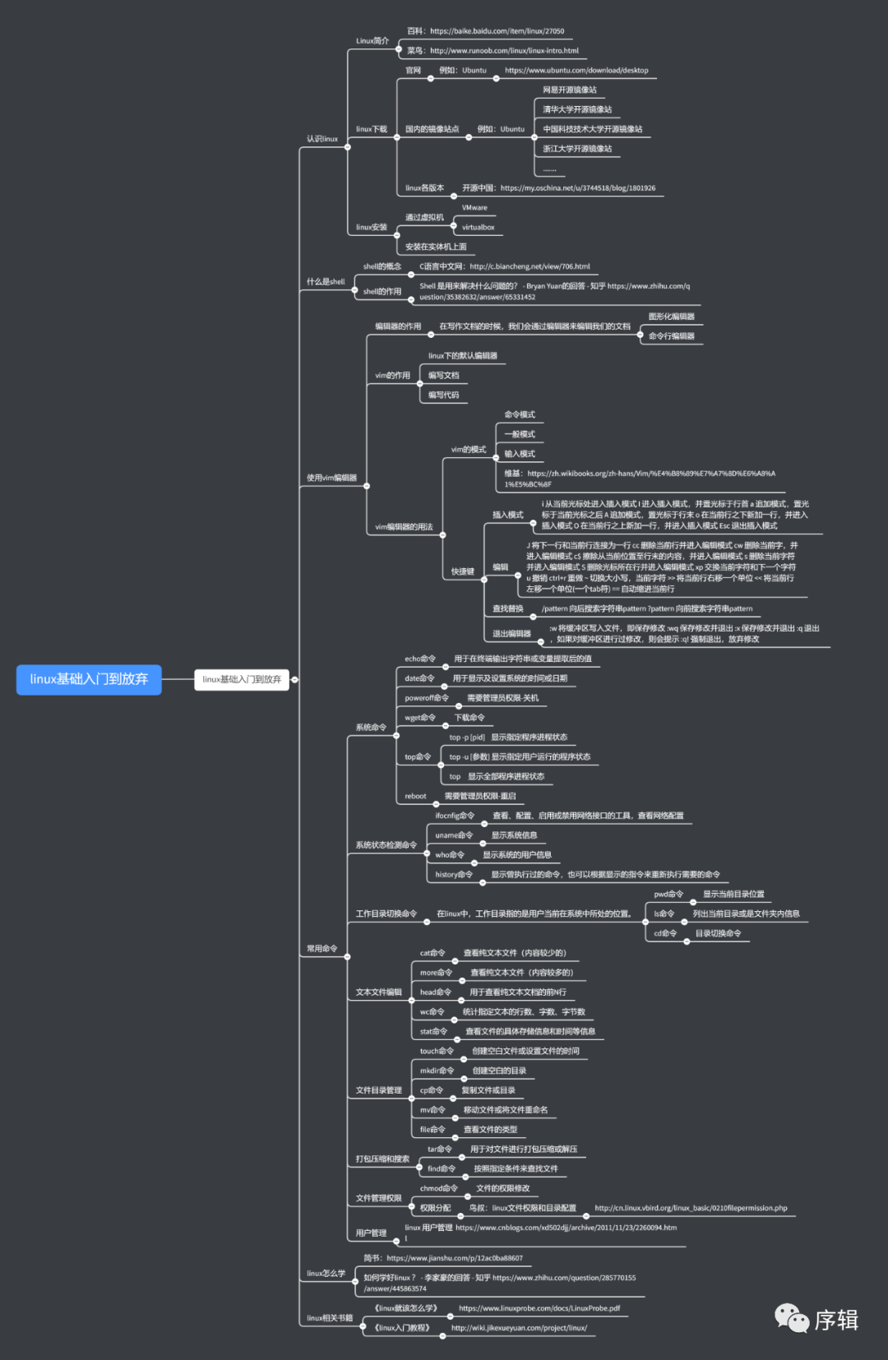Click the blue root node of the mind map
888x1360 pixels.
[x=89, y=679]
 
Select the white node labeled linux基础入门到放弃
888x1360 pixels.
[x=242, y=679]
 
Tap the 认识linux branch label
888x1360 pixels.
[x=322, y=139]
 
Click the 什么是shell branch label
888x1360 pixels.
[x=326, y=281]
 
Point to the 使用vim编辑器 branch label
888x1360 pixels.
[x=331, y=478]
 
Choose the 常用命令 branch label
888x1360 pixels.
[x=321, y=948]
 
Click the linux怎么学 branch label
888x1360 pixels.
[x=326, y=1273]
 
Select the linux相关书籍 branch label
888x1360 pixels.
[x=329, y=1317]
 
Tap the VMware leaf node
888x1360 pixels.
[x=474, y=208]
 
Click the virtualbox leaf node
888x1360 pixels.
[x=478, y=227]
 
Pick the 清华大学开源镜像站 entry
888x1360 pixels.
[x=577, y=109]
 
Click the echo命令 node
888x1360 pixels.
[x=419, y=659]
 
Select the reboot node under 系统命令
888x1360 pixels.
[x=415, y=796]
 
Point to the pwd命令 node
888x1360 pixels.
[x=668, y=894]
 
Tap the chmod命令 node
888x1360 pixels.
[x=438, y=1188]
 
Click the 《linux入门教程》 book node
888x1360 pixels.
[x=402, y=1327]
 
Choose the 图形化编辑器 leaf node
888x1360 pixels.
[x=671, y=317]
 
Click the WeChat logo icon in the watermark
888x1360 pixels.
[x=792, y=1318]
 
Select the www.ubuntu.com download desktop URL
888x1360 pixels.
[x=576, y=71]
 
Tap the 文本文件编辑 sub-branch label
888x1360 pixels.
[x=378, y=992]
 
